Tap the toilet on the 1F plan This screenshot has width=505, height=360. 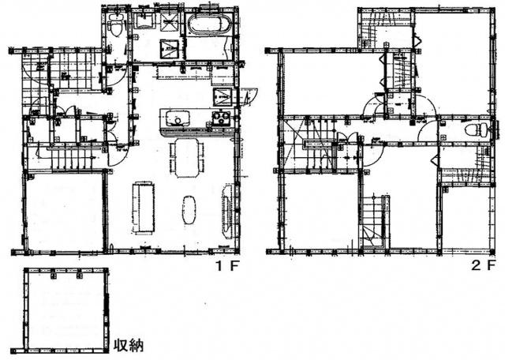pyautogui.click(x=116, y=28)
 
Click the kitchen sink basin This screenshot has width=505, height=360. pyautogui.click(x=178, y=120)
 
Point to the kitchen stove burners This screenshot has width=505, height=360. pyautogui.click(x=219, y=120)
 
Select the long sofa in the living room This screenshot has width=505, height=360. pyautogui.click(x=144, y=207)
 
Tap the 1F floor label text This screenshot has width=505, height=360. pyautogui.click(x=227, y=266)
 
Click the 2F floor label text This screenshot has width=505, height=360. pyautogui.click(x=484, y=266)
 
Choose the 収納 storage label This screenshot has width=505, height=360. pyautogui.click(x=127, y=345)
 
